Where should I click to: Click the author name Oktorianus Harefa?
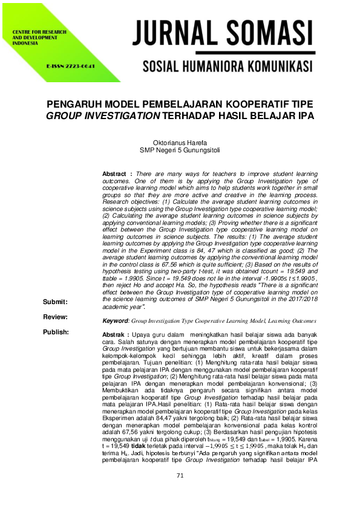[180, 143]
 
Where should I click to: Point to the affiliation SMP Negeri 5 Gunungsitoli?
[180, 151]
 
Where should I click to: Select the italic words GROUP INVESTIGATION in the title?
[111, 115]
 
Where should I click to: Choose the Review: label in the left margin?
[55, 317]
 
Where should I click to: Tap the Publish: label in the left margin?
[56, 332]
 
